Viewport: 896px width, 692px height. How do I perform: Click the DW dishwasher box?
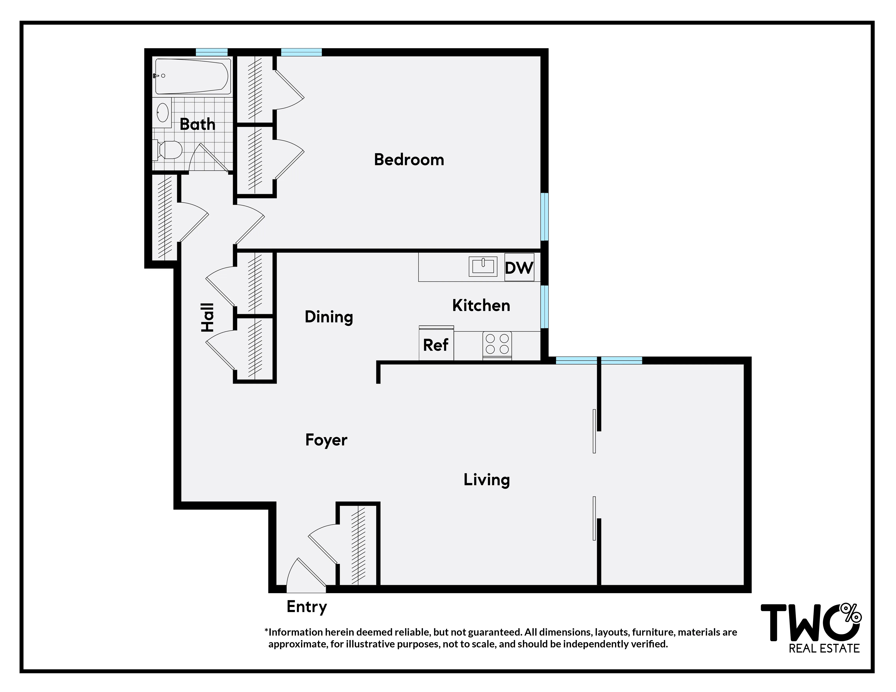tap(519, 268)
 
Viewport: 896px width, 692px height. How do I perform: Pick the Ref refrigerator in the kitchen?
tap(436, 345)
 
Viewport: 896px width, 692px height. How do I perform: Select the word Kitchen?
tap(481, 305)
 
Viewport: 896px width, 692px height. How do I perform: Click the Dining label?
tap(329, 317)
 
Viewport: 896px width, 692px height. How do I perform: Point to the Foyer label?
tap(326, 440)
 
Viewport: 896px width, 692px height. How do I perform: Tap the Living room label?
tap(487, 480)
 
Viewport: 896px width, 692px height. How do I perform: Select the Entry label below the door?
tap(306, 606)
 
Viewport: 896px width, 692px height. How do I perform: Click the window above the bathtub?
tap(211, 52)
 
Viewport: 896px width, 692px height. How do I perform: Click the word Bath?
tap(197, 124)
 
